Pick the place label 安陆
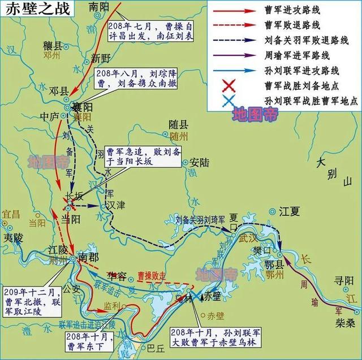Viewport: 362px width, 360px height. (200, 163)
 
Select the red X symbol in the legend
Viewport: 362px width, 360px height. (229, 86)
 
